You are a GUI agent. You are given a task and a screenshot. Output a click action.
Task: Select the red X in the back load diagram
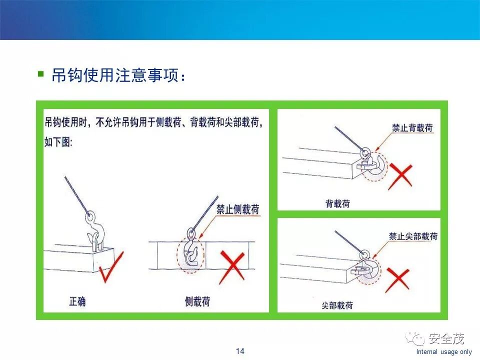pyautogui.click(x=400, y=176)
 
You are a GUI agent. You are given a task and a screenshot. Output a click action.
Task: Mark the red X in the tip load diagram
pyautogui.click(x=397, y=280)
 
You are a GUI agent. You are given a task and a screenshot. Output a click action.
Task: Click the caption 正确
pyautogui.click(x=77, y=301)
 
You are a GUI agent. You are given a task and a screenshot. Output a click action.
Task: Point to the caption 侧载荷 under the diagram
pyautogui.click(x=197, y=301)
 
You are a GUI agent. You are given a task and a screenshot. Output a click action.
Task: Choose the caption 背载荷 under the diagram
pyautogui.click(x=337, y=203)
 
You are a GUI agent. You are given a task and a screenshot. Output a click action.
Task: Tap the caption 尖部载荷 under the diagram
pyautogui.click(x=337, y=305)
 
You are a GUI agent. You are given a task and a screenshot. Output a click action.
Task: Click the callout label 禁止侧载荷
pyautogui.click(x=238, y=209)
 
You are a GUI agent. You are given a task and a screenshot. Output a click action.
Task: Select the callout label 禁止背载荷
pyautogui.click(x=412, y=127)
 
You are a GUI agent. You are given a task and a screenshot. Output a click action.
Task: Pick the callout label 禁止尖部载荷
pyautogui.click(x=413, y=236)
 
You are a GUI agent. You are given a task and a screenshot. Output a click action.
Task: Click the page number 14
pyautogui.click(x=240, y=351)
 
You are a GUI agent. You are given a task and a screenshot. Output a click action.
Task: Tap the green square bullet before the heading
pyautogui.click(x=40, y=74)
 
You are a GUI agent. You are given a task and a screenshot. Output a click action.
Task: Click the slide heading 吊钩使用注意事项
pyautogui.click(x=115, y=75)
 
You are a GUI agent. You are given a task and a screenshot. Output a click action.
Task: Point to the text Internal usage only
pyautogui.click(x=444, y=351)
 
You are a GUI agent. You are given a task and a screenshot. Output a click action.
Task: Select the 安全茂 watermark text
pyautogui.click(x=446, y=338)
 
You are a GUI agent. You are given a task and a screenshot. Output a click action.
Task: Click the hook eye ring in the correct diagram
pyautogui.click(x=89, y=216)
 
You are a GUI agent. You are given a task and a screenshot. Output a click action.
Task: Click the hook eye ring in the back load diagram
pyautogui.click(x=365, y=152)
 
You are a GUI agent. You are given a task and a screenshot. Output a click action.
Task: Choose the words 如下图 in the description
pyautogui.click(x=58, y=142)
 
